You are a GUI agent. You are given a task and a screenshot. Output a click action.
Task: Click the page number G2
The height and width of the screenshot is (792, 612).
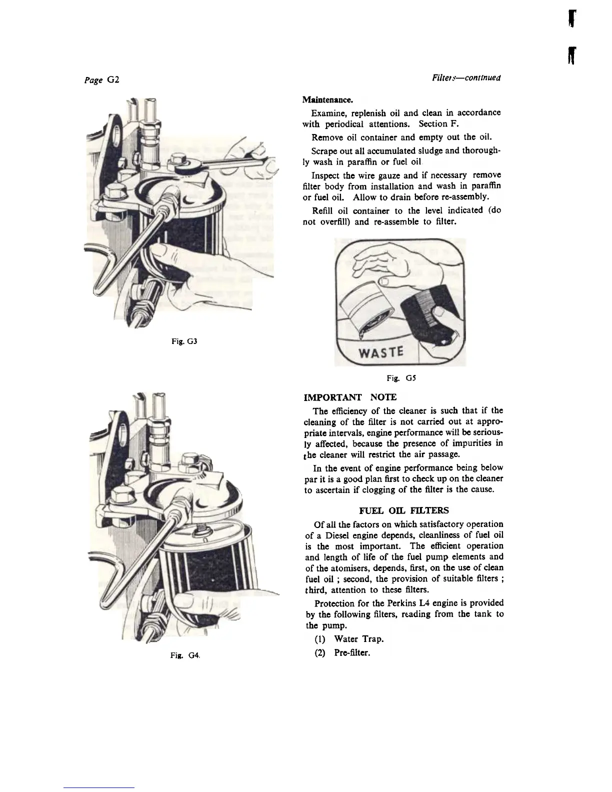pos(107,80)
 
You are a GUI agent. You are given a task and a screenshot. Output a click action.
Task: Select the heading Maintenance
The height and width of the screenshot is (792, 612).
pos(324,100)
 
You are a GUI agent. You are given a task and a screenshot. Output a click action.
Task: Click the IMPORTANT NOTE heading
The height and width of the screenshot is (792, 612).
pos(350,397)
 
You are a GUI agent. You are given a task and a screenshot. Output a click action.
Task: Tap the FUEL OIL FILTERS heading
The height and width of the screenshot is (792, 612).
pos(404,510)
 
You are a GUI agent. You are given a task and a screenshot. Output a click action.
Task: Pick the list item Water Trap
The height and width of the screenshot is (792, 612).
pos(358,639)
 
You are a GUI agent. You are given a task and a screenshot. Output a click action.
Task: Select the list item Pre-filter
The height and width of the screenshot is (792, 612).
pos(352,652)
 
